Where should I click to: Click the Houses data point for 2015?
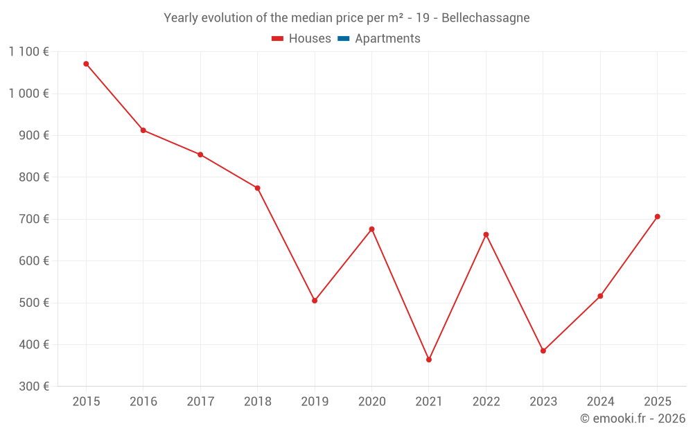point(86,64)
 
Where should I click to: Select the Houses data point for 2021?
point(429,360)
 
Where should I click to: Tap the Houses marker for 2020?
point(371,229)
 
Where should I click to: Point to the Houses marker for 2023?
point(543,351)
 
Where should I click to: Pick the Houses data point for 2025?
point(658,217)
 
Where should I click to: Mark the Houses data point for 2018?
point(257,188)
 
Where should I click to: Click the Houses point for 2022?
point(486,235)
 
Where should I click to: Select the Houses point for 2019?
point(315,301)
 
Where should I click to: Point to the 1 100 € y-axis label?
point(28,51)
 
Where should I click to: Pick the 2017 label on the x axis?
point(200,402)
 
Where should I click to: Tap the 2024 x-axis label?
point(600,402)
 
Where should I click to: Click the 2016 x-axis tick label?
point(143,402)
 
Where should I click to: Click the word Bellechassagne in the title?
point(485,18)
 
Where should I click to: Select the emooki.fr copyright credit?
point(632,418)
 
